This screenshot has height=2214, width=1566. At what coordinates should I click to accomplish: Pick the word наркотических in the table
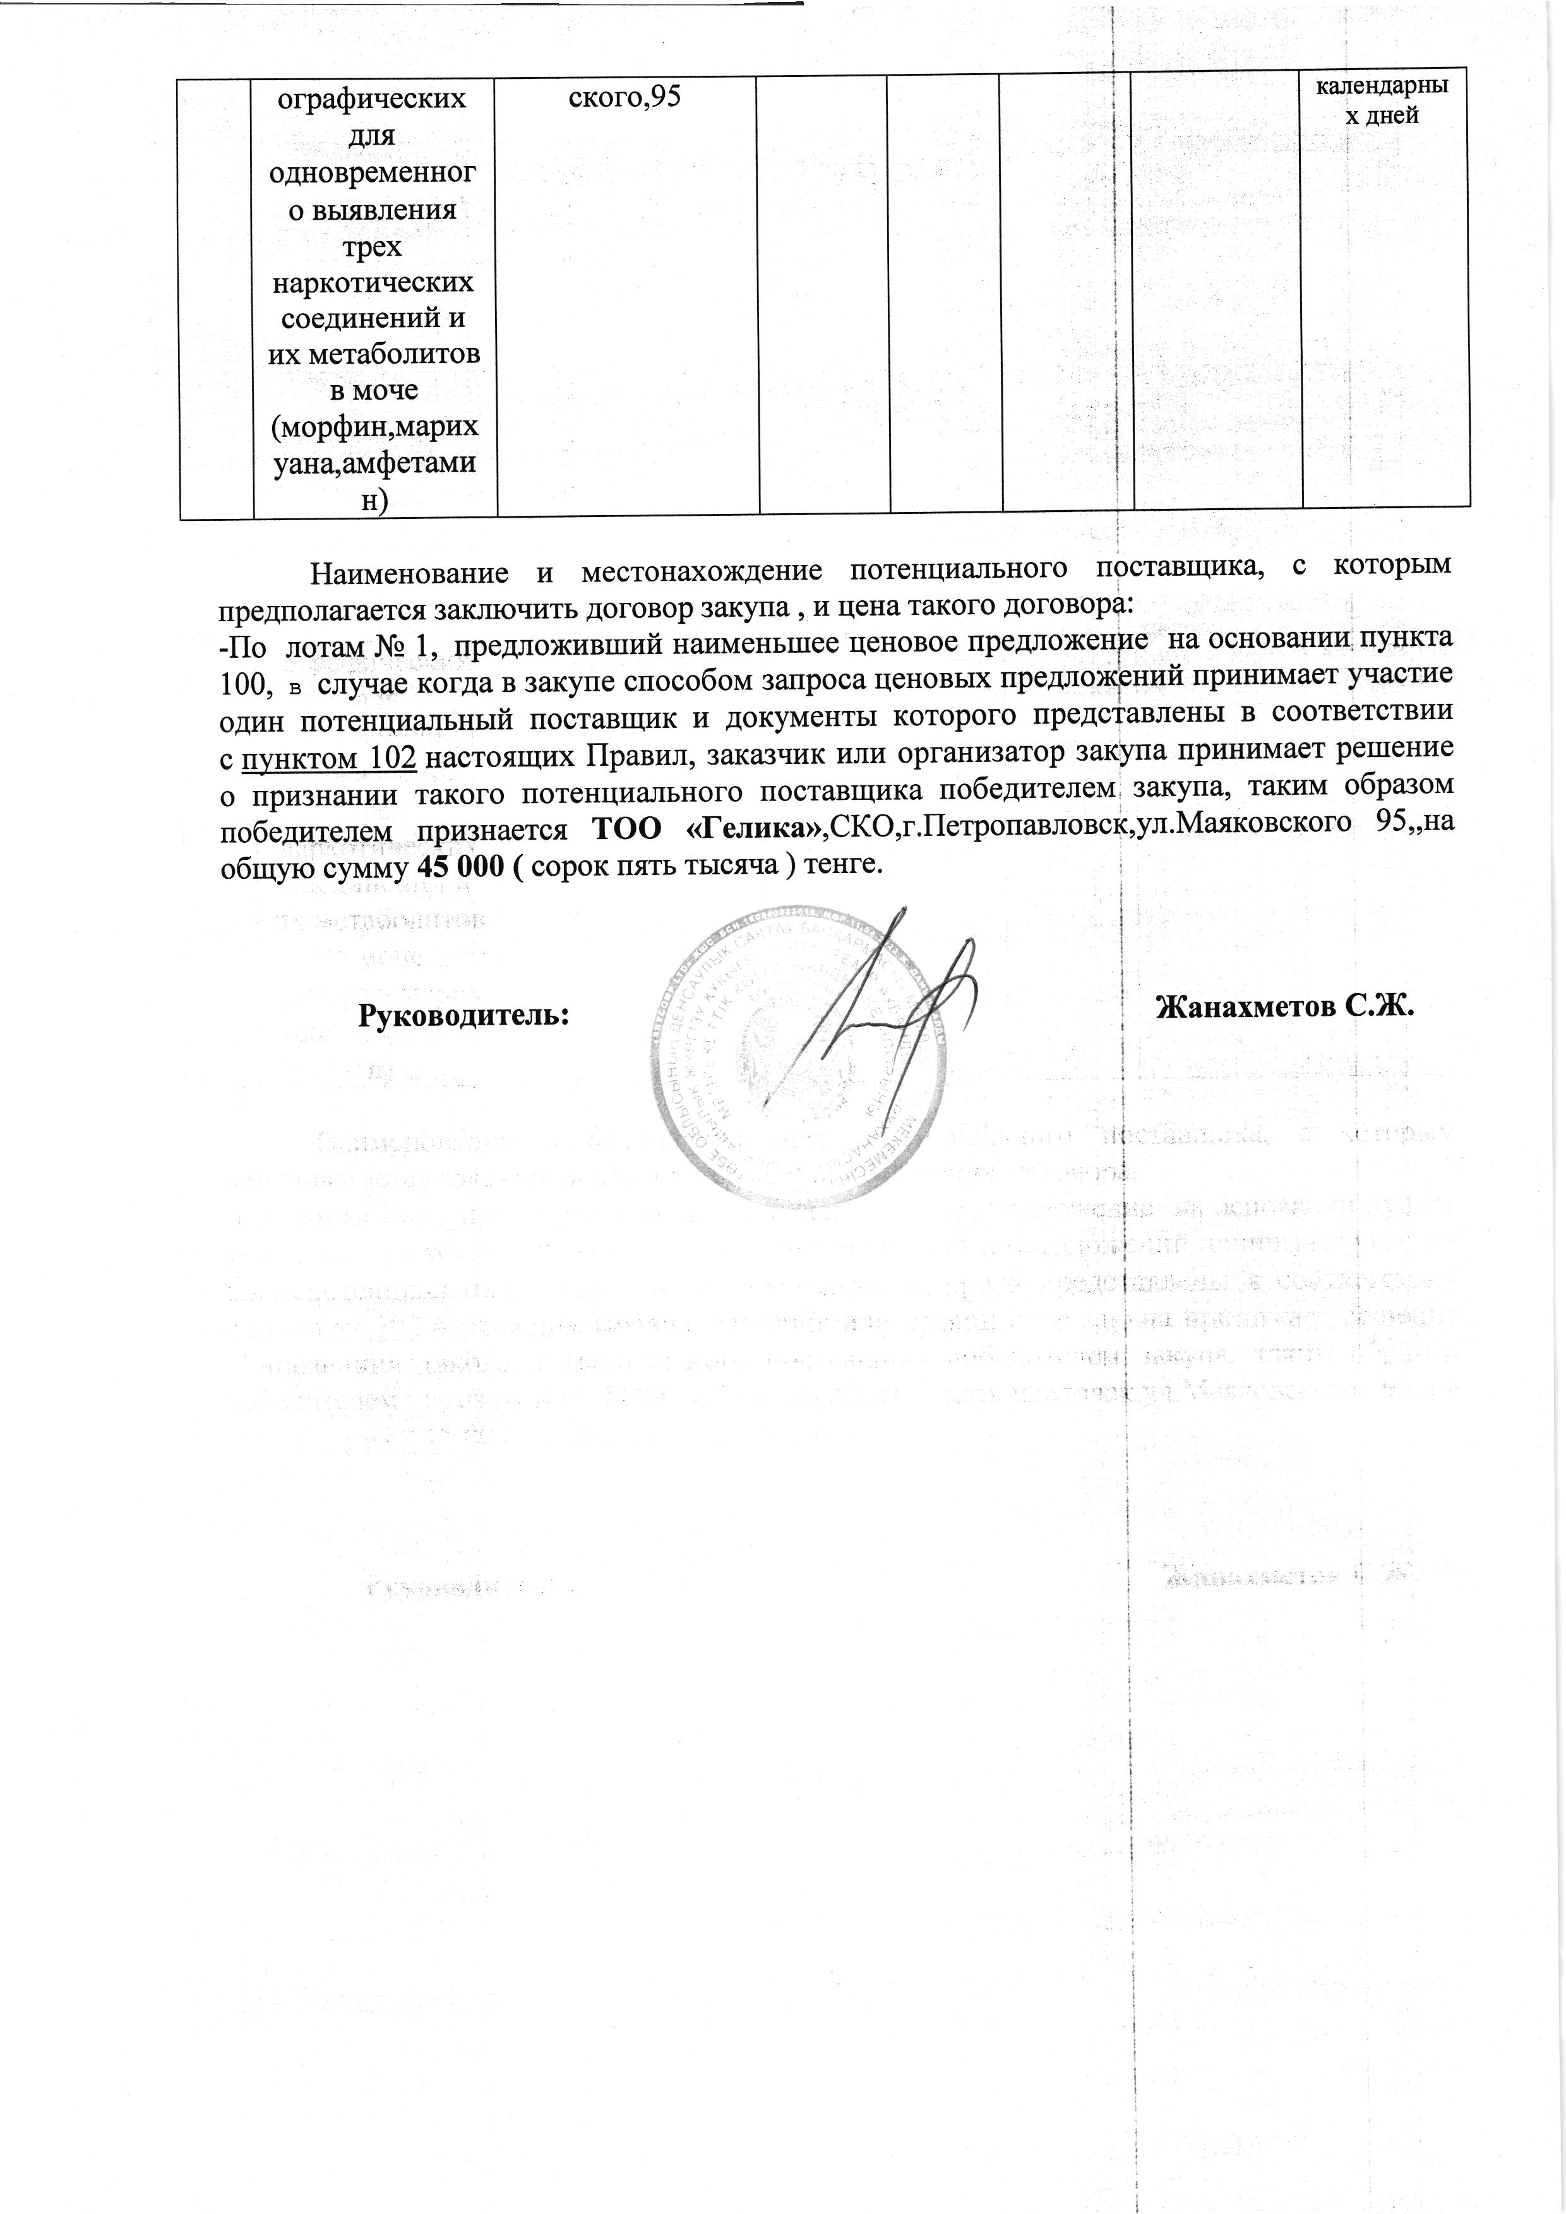tap(374, 283)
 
